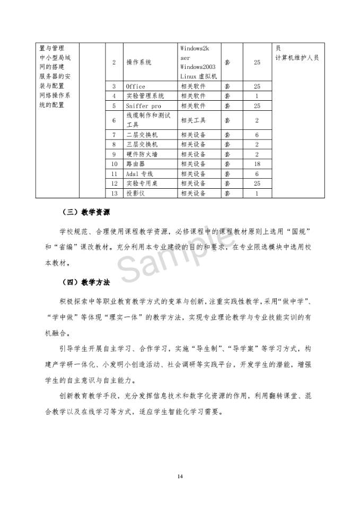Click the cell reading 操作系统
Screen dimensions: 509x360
[138, 63]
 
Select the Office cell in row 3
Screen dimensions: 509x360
[135, 86]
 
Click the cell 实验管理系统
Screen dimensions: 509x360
[145, 96]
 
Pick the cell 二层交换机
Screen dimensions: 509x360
[142, 135]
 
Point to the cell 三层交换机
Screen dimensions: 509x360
[142, 144]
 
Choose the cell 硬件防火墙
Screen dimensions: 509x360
[142, 154]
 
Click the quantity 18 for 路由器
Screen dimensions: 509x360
[257, 164]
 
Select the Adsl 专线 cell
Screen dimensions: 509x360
[139, 174]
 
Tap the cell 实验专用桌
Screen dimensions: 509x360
[142, 183]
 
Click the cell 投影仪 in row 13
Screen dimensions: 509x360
[135, 194]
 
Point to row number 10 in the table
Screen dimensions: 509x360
[114, 164]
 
